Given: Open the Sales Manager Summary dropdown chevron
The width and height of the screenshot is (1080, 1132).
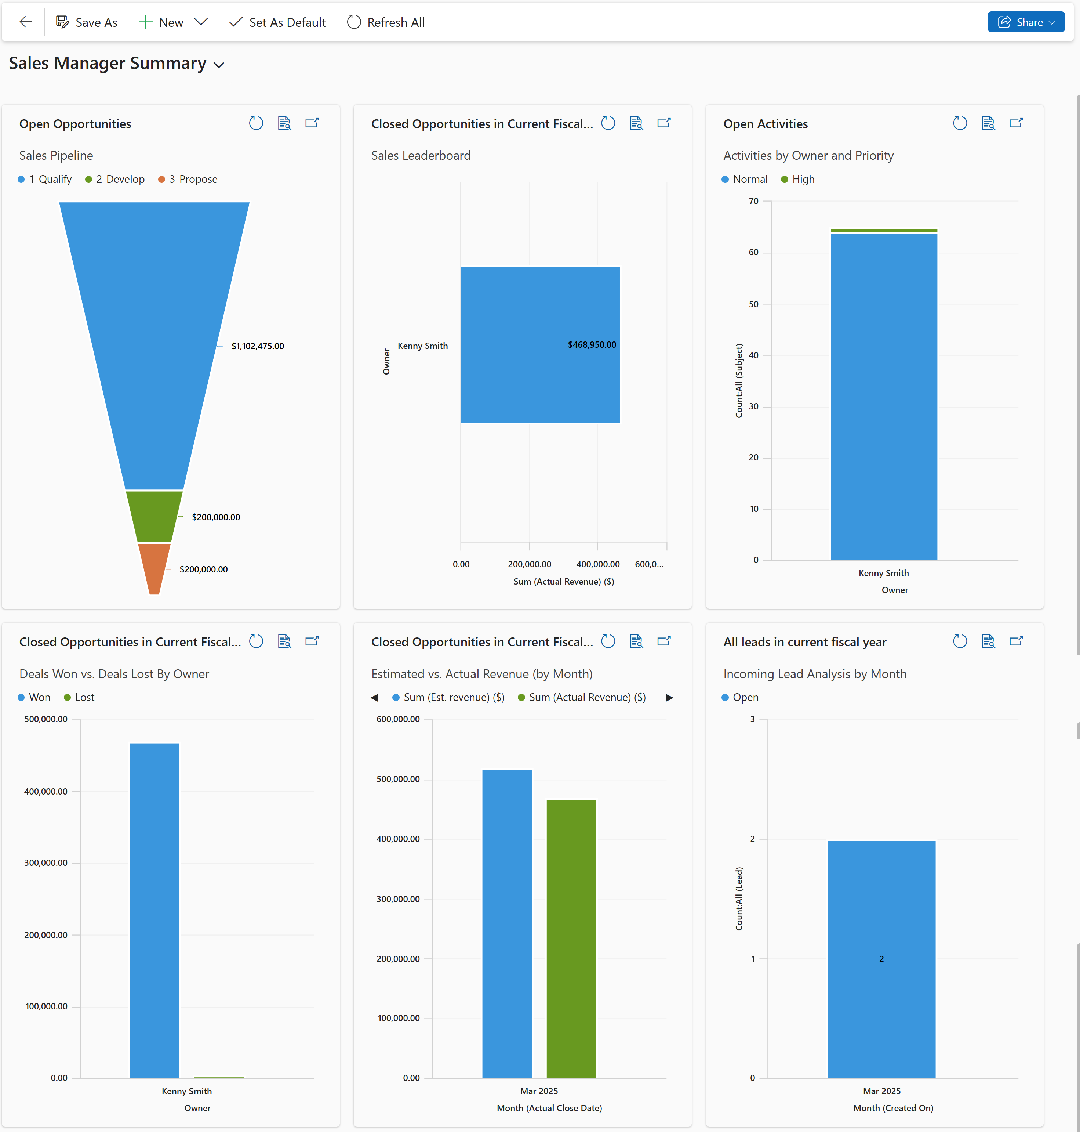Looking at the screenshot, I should pos(219,65).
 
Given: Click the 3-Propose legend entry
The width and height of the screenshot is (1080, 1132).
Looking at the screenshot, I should pos(193,179).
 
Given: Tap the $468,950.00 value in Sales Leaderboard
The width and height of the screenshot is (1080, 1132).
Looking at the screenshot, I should pos(592,344).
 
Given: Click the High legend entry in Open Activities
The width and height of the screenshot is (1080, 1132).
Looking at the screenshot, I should pos(803,179).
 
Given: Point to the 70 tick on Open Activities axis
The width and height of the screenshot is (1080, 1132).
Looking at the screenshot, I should pos(754,201).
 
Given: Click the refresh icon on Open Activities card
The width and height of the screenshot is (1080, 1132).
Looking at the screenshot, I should pos(960,123).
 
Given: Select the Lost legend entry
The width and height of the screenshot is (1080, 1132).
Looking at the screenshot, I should pos(84,697).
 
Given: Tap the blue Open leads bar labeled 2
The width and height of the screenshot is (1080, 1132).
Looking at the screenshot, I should pos(881,959).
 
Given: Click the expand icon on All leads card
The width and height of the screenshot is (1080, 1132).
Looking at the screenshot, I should pos(1016,641).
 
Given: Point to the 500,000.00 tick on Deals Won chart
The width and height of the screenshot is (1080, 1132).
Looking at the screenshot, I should pos(46,719).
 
